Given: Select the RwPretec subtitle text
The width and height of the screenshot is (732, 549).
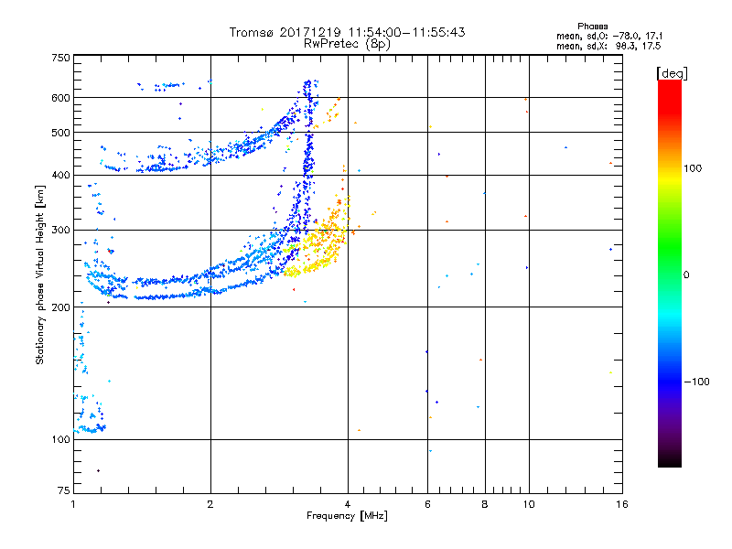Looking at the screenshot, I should (328, 43).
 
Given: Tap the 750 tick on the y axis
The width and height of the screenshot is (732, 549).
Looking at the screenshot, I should (60, 58).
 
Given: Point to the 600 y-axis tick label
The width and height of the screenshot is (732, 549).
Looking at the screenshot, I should (60, 98).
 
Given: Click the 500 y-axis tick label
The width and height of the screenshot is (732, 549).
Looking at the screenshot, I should (60, 133).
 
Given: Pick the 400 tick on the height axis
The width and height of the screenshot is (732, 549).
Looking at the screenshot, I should (60, 176).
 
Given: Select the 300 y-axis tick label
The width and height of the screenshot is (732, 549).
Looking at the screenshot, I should (60, 231).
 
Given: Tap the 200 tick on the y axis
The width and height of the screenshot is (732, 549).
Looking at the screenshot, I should (60, 307).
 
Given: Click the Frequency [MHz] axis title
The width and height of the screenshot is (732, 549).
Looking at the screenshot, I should (347, 517).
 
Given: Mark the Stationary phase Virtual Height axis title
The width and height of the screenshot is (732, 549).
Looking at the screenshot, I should (40, 275).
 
